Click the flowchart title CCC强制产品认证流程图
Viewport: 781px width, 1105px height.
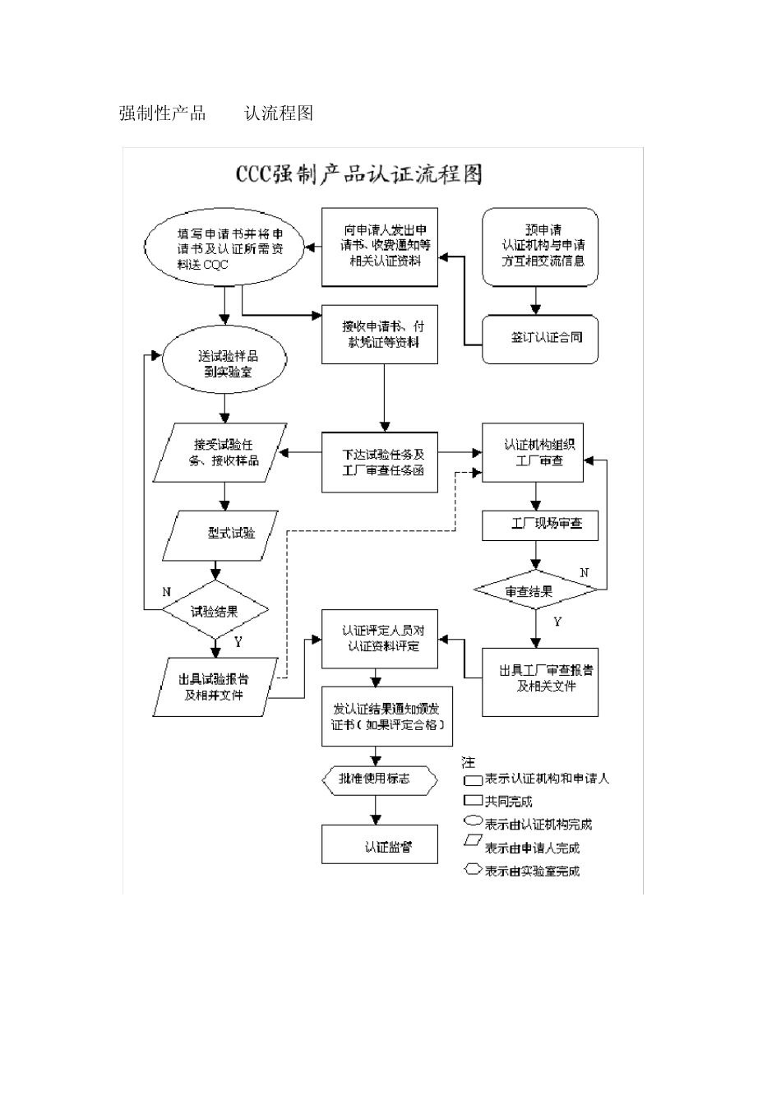click(x=359, y=175)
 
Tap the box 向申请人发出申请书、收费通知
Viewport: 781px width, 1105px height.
click(x=379, y=247)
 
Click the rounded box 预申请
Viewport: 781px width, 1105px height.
click(x=540, y=247)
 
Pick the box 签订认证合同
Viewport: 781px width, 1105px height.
click(x=540, y=338)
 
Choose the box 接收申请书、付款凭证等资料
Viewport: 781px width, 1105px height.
click(x=379, y=335)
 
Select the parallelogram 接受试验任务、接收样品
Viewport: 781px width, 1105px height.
click(x=220, y=452)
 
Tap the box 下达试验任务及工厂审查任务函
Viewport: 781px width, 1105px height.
click(x=379, y=462)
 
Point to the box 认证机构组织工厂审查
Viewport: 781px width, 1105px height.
click(x=533, y=453)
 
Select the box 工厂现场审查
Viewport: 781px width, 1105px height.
click(x=539, y=524)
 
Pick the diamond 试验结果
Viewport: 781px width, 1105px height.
click(x=215, y=611)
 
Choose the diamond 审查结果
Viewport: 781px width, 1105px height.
click(x=534, y=591)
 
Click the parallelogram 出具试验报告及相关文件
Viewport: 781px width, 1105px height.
click(x=215, y=687)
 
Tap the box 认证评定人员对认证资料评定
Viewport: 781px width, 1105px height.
click(x=379, y=639)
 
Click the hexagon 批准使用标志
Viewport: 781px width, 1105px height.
click(x=377, y=778)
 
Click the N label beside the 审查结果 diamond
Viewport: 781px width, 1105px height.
click(x=585, y=572)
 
